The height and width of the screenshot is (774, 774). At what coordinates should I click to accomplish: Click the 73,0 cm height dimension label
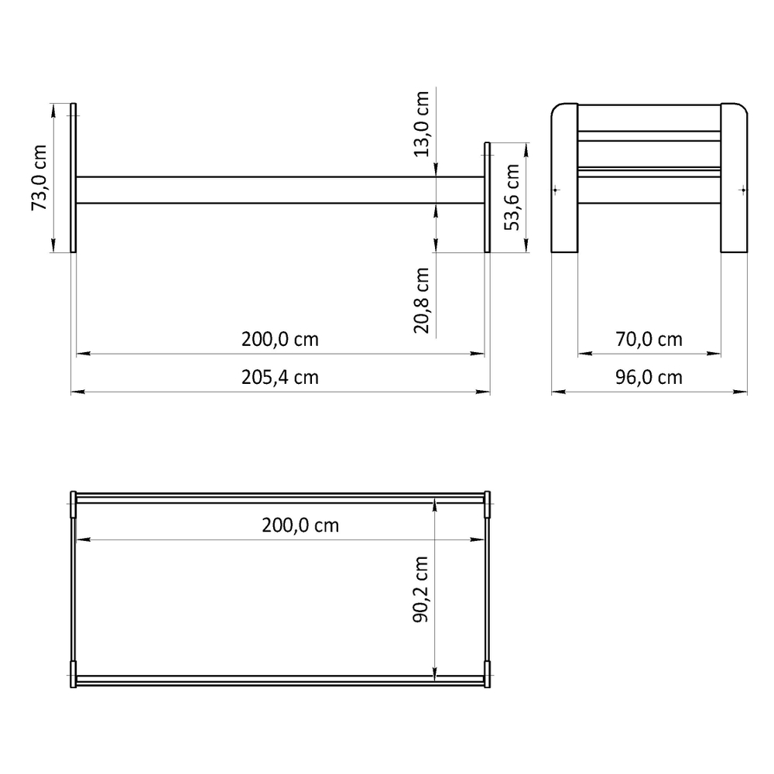tap(39, 178)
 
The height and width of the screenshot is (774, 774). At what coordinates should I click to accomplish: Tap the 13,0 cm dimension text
tap(422, 124)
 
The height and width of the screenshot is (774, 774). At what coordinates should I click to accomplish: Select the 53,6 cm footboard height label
tap(512, 197)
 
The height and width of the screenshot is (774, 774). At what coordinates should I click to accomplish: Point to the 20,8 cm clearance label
tap(422, 300)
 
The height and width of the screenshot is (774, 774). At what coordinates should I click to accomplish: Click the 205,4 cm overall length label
tap(280, 378)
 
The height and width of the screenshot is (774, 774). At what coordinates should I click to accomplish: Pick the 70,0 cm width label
tap(649, 340)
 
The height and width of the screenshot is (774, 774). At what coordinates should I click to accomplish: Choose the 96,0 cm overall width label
tap(649, 378)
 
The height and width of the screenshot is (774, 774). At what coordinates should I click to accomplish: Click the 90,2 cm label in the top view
tap(420, 589)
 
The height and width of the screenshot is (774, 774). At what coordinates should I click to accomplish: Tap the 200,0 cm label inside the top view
tap(300, 526)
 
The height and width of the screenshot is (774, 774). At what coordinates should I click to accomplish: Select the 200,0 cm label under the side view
tap(280, 340)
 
